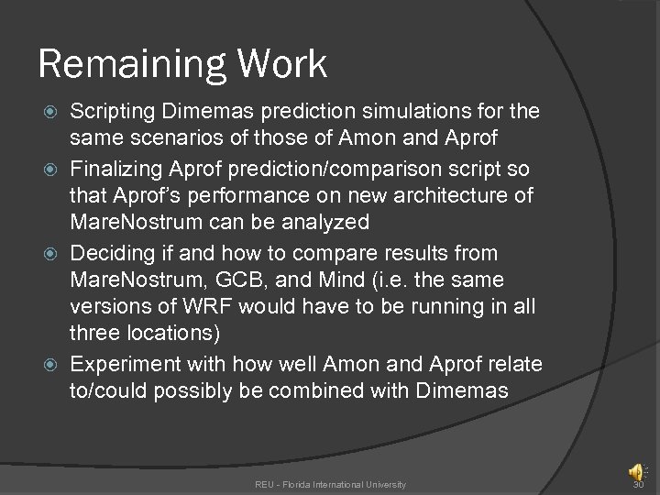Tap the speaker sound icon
(635, 472)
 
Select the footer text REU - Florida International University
(330, 484)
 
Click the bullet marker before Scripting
(52, 112)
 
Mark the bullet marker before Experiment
(52, 365)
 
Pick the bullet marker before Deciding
(52, 253)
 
